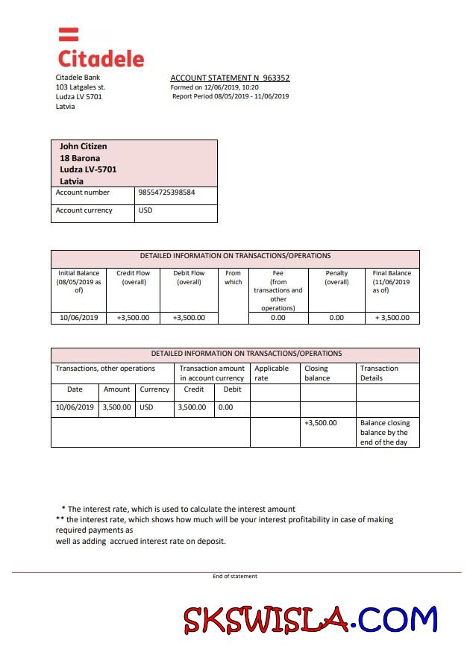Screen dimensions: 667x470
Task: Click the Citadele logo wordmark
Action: pyautogui.click(x=101, y=58)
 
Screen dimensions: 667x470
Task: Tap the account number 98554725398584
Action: pyautogui.click(x=166, y=192)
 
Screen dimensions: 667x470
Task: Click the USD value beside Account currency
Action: pyautogui.click(x=145, y=210)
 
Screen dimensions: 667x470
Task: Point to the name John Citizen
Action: pyautogui.click(x=83, y=146)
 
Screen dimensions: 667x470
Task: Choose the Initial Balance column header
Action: pyautogui.click(x=78, y=281)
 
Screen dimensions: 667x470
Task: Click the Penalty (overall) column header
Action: pyautogui.click(x=336, y=278)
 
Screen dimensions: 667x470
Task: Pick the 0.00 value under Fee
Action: pyautogui.click(x=278, y=318)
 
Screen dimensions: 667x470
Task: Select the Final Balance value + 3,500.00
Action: pyautogui.click(x=392, y=318)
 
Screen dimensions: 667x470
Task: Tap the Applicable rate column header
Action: pyautogui.click(x=272, y=373)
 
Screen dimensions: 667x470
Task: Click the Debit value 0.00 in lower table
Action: pyautogui.click(x=225, y=407)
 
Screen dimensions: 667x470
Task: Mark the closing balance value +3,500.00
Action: pyautogui.click(x=321, y=423)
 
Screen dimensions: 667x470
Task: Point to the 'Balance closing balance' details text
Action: pyautogui.click(x=385, y=432)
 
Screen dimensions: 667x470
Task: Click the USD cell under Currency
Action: pyautogui.click(x=146, y=407)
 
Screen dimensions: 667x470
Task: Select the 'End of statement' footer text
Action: pyautogui.click(x=235, y=576)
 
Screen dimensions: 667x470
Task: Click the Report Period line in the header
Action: pyautogui.click(x=231, y=96)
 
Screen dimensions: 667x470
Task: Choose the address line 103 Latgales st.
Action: pyautogui.click(x=81, y=87)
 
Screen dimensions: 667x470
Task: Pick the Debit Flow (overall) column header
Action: pyautogui.click(x=189, y=278)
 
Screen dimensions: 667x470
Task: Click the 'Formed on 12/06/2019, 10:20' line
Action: pyautogui.click(x=215, y=87)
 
